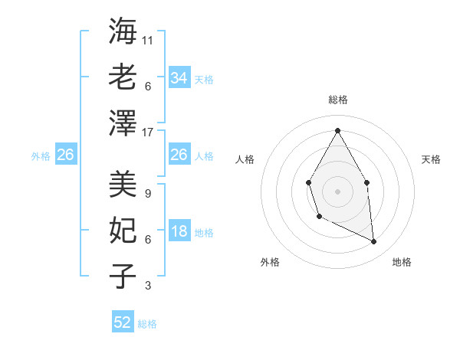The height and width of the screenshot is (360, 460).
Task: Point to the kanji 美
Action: [123, 184]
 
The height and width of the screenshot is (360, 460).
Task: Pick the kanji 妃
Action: [123, 230]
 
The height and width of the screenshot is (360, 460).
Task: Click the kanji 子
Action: [123, 276]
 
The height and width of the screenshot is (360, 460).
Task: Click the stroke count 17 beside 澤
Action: [149, 132]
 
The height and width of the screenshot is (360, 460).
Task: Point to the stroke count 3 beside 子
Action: [147, 286]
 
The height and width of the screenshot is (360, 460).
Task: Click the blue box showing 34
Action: [179, 78]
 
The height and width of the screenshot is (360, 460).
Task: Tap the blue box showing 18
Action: [179, 232]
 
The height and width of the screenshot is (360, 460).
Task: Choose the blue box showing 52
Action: [123, 322]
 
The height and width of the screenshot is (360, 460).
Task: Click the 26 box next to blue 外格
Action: [66, 155]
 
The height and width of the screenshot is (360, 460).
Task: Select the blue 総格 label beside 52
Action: [147, 324]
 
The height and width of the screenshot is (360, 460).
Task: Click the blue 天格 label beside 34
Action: [204, 80]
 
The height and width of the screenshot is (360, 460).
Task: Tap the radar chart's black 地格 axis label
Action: [402, 262]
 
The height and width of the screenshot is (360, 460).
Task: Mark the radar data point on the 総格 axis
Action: [337, 130]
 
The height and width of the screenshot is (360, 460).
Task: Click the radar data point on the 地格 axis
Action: [374, 241]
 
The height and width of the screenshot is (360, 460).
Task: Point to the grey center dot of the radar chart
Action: [337, 190]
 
